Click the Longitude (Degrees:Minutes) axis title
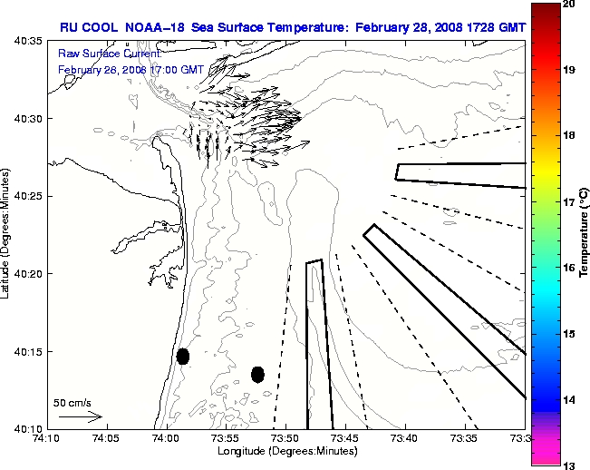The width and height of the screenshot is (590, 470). click(285, 451)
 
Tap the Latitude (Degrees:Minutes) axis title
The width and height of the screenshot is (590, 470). click(7, 234)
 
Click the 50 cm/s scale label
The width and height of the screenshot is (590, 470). click(72, 402)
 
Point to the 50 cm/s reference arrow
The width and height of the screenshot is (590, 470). click(80, 416)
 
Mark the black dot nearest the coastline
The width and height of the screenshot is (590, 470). click(183, 356)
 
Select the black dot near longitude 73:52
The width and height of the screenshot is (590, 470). click(257, 374)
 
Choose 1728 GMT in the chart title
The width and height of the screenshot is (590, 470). click(495, 27)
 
